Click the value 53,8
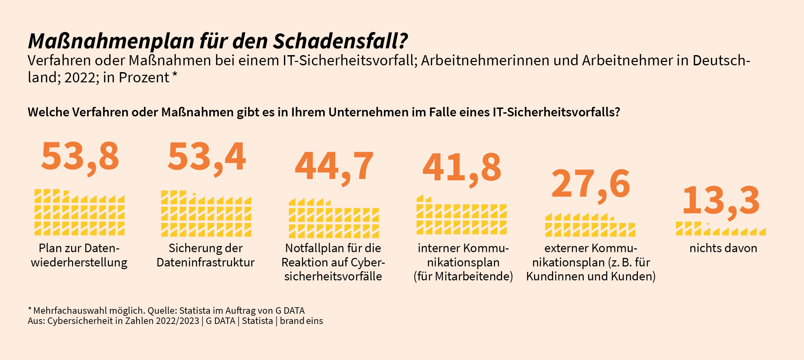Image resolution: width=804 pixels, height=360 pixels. [x=80, y=157]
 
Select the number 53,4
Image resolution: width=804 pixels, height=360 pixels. [x=207, y=157]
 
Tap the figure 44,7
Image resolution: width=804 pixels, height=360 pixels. [x=334, y=167]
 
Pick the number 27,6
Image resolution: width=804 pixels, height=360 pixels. [x=591, y=184]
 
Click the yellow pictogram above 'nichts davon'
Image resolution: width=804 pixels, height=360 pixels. [x=721, y=229]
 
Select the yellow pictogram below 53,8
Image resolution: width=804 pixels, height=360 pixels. [x=79, y=212]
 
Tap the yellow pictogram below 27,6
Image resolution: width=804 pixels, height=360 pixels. [x=590, y=225]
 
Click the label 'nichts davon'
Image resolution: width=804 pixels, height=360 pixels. [x=723, y=248]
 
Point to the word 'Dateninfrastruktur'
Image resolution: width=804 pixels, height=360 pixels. [x=205, y=263]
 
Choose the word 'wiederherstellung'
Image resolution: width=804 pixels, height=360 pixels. [x=79, y=263]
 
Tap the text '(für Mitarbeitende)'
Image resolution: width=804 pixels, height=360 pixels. [x=463, y=276]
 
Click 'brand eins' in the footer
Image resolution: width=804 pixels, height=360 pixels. [x=301, y=321]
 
